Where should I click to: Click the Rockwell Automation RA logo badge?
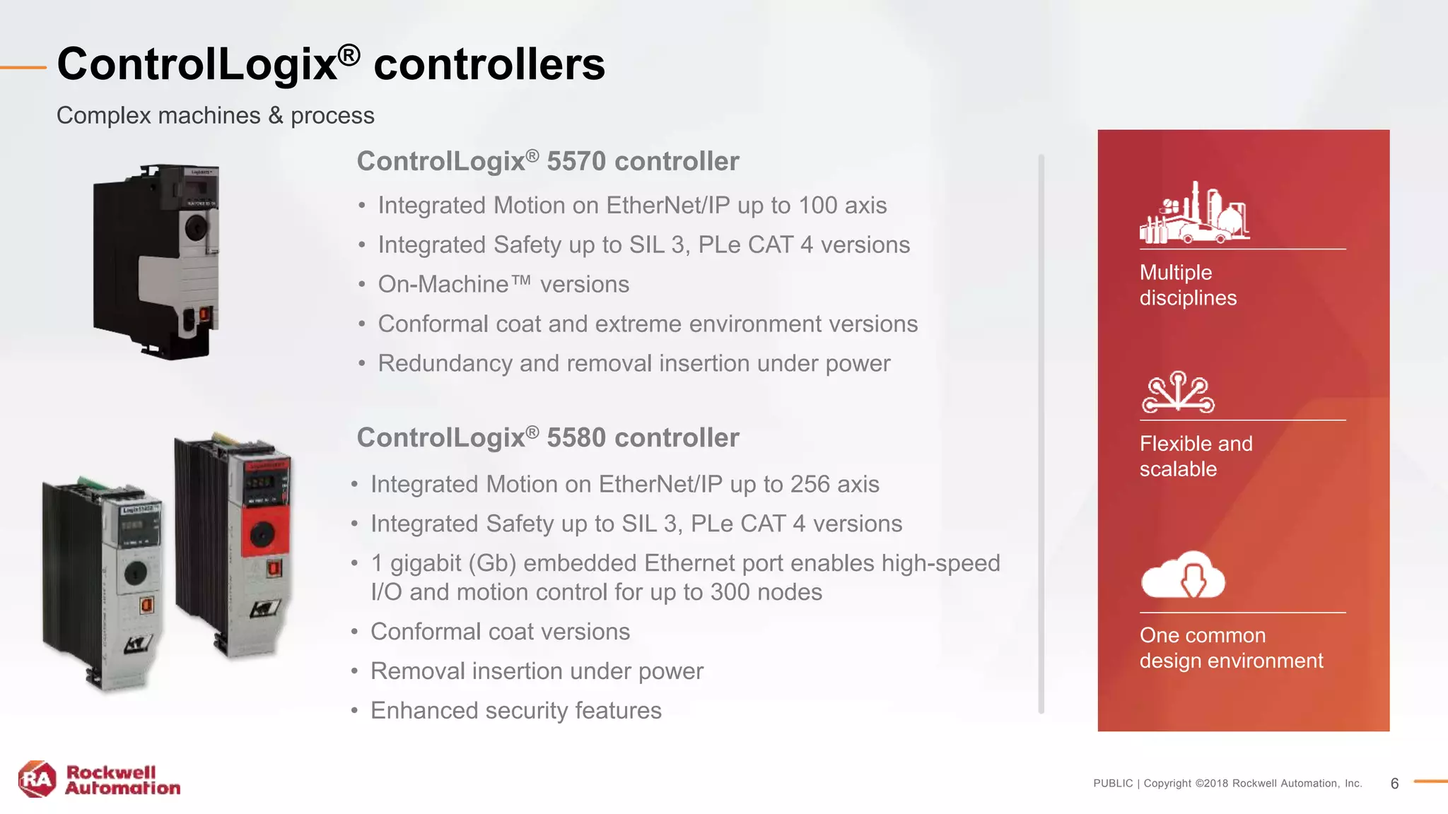[37, 779]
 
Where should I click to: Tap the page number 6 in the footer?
[1394, 784]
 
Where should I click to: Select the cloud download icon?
[1183, 574]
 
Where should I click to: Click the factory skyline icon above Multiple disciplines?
[1194, 213]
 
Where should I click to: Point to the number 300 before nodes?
[730, 592]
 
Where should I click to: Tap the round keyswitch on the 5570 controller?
[196, 228]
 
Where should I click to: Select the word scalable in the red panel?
[1178, 469]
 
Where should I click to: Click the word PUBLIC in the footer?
[1112, 784]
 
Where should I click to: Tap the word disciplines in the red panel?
[1188, 298]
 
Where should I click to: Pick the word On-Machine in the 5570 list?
[443, 285]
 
